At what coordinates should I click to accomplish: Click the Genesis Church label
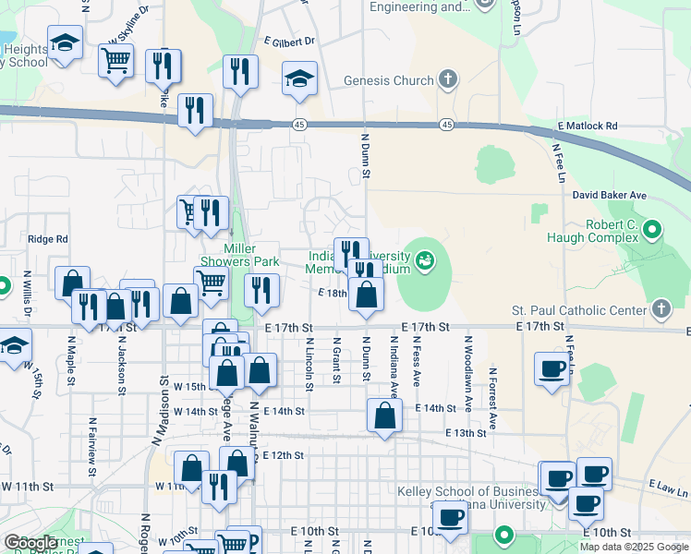(389, 80)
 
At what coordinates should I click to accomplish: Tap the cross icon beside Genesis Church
(448, 79)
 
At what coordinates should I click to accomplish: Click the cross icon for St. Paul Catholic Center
(661, 308)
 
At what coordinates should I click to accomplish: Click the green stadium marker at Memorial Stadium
(425, 261)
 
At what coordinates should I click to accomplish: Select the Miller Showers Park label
(240, 255)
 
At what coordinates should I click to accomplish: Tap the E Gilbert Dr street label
(289, 42)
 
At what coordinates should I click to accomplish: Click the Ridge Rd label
(48, 239)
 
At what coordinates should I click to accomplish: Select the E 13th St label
(465, 433)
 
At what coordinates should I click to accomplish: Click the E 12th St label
(283, 455)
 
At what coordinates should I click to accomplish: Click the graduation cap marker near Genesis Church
(299, 78)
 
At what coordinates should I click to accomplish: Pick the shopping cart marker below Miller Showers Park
(211, 283)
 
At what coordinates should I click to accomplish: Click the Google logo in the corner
(30, 542)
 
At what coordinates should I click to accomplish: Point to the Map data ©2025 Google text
(633, 547)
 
